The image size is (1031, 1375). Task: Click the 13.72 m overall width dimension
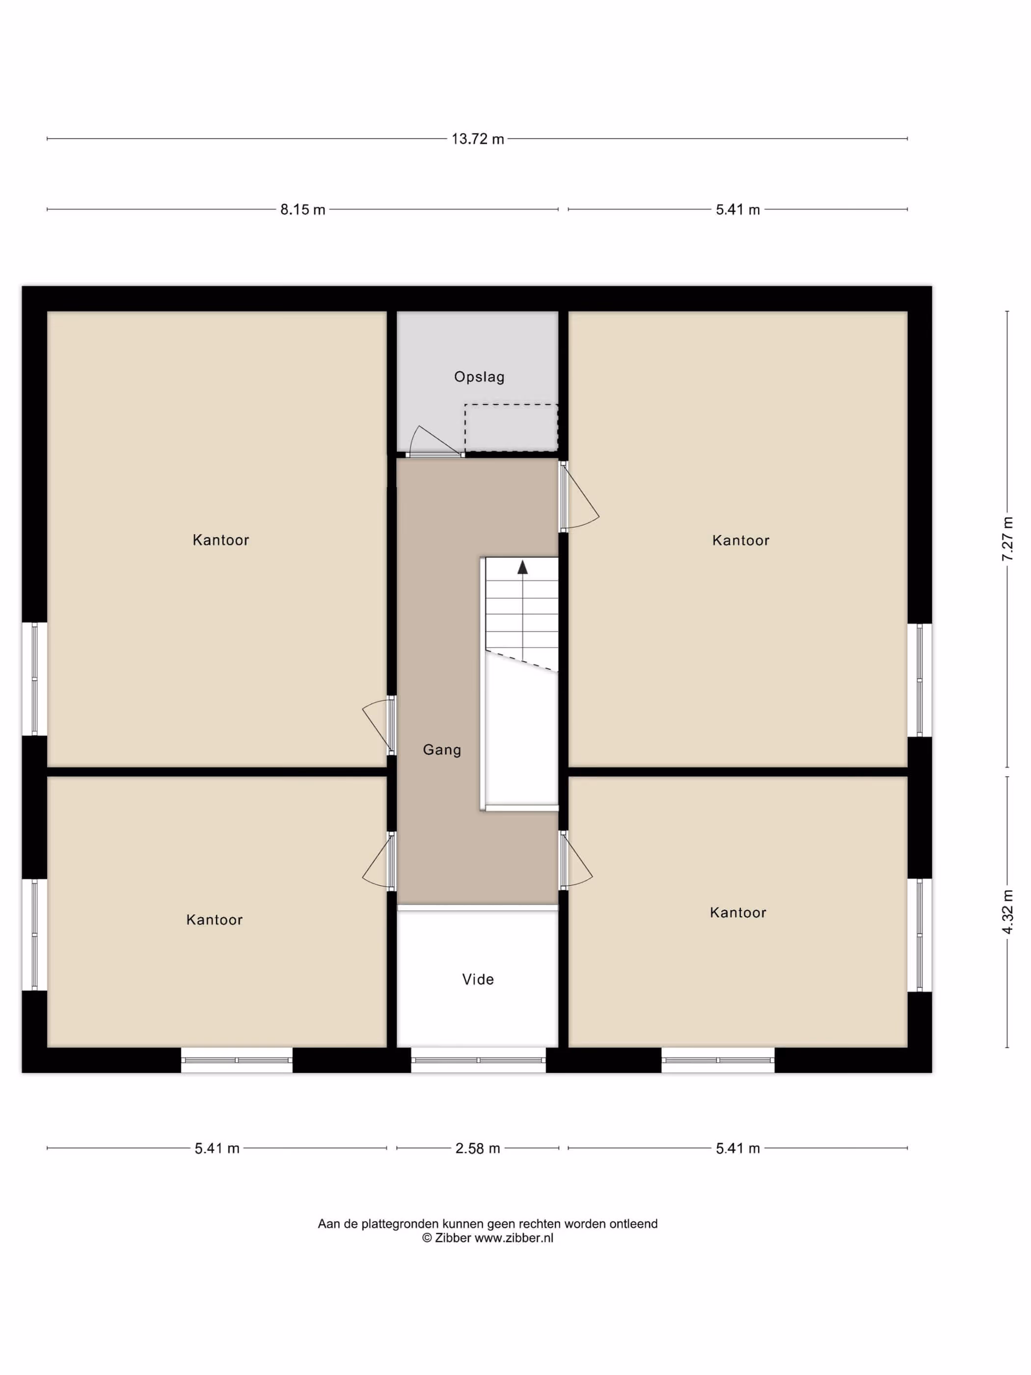point(477,138)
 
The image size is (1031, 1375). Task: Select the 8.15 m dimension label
point(302,210)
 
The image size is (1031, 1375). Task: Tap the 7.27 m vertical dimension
point(1007,539)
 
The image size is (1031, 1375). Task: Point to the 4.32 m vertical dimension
point(1007,912)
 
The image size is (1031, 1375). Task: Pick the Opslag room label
point(479,377)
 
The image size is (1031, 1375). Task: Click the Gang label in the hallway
point(442,750)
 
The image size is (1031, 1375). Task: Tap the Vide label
point(478,979)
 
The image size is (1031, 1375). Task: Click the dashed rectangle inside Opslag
point(511,428)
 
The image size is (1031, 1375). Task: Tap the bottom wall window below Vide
point(478,1060)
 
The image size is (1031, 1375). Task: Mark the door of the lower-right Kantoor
point(576,860)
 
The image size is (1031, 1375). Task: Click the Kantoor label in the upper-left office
point(220,540)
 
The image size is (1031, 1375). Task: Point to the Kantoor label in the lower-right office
point(738,912)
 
